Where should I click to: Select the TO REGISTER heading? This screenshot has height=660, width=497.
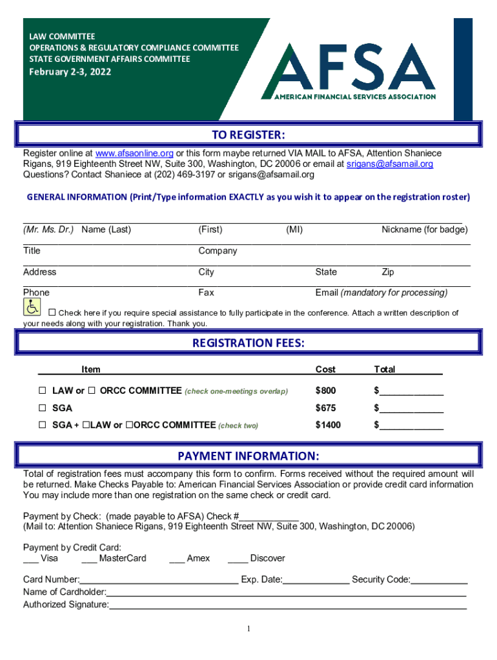[x=249, y=135]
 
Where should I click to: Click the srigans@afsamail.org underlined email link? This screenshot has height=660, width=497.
[x=390, y=164]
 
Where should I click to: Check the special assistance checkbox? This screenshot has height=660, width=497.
[x=52, y=313]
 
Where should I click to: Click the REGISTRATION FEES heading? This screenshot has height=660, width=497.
[x=249, y=343]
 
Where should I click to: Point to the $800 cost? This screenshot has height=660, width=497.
[x=325, y=391]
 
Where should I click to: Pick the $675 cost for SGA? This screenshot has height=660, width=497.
[x=325, y=408]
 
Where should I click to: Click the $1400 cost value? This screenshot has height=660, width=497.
[x=328, y=425]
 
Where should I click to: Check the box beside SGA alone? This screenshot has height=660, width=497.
[x=43, y=408]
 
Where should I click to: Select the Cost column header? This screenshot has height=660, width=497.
[x=325, y=369]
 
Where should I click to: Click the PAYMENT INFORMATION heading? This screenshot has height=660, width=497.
[x=249, y=456]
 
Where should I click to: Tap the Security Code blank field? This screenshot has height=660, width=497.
[x=439, y=580]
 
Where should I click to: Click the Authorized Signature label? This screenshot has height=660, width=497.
[x=66, y=605]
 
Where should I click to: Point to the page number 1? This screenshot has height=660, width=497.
[x=249, y=629]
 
